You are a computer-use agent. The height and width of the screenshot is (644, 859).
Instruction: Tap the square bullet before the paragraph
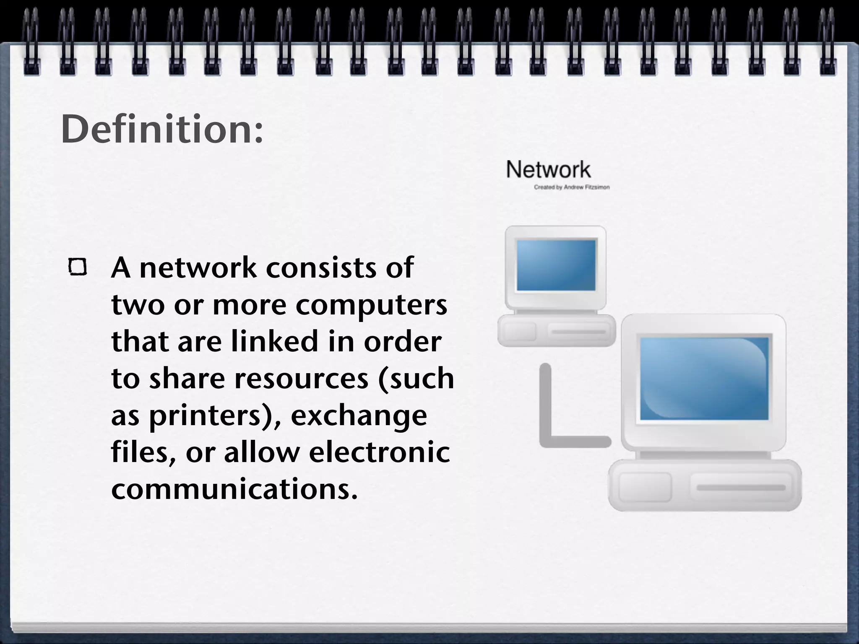(78, 267)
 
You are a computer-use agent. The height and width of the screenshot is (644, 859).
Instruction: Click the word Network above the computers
(548, 170)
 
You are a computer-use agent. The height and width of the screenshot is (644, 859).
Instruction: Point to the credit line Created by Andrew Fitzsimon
(571, 187)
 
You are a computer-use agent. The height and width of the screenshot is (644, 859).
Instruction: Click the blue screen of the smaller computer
(556, 265)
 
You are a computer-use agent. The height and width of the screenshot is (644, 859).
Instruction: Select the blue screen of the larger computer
(704, 378)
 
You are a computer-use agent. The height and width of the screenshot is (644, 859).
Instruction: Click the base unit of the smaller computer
(556, 331)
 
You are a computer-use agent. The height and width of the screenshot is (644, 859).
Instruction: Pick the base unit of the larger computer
(705, 486)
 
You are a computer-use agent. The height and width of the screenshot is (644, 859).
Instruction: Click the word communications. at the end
(234, 489)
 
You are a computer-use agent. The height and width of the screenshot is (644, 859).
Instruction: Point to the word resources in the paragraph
(301, 379)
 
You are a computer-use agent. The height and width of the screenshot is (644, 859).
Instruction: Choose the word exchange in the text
(359, 416)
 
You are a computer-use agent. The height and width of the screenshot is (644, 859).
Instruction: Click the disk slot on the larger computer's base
(741, 488)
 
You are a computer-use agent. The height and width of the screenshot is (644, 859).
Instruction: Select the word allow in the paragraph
(261, 452)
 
